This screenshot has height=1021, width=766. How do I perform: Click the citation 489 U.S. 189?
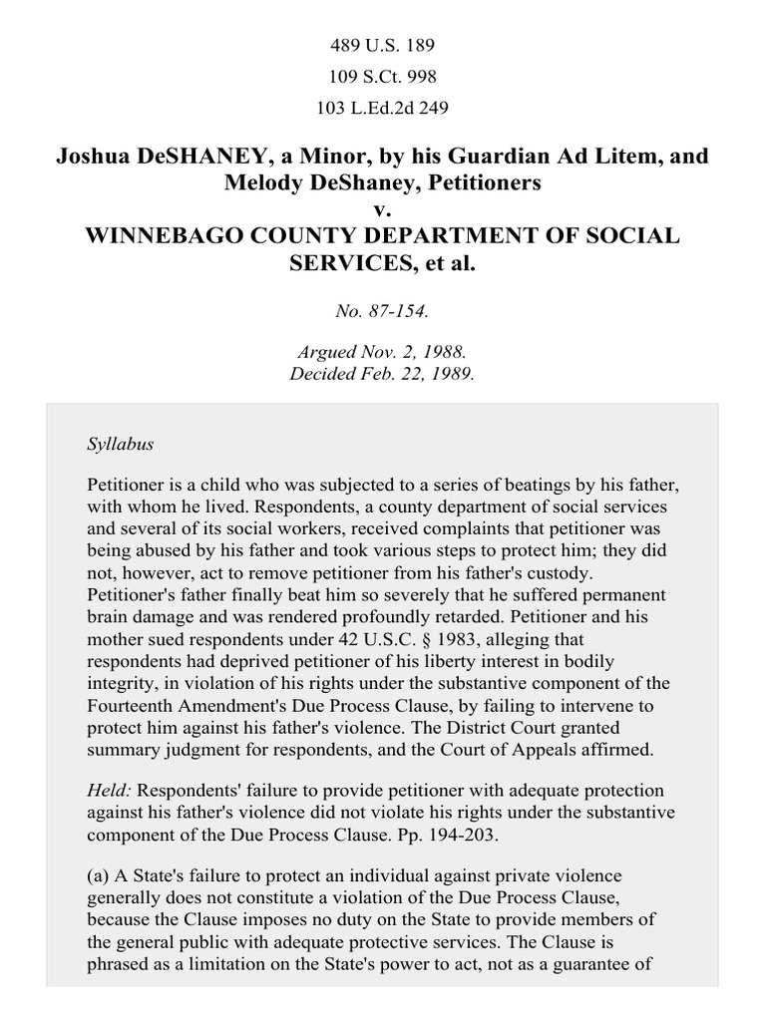pos(382,46)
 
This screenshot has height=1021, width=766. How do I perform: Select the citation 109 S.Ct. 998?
pos(382,77)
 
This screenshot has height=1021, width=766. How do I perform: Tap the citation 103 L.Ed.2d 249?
pos(382,108)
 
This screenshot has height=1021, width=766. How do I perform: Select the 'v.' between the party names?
pos(382,209)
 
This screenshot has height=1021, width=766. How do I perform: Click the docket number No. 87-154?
pos(382,311)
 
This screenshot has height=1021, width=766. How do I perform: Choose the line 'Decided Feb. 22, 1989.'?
pos(382,375)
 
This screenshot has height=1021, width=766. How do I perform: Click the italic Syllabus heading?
pos(121,444)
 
